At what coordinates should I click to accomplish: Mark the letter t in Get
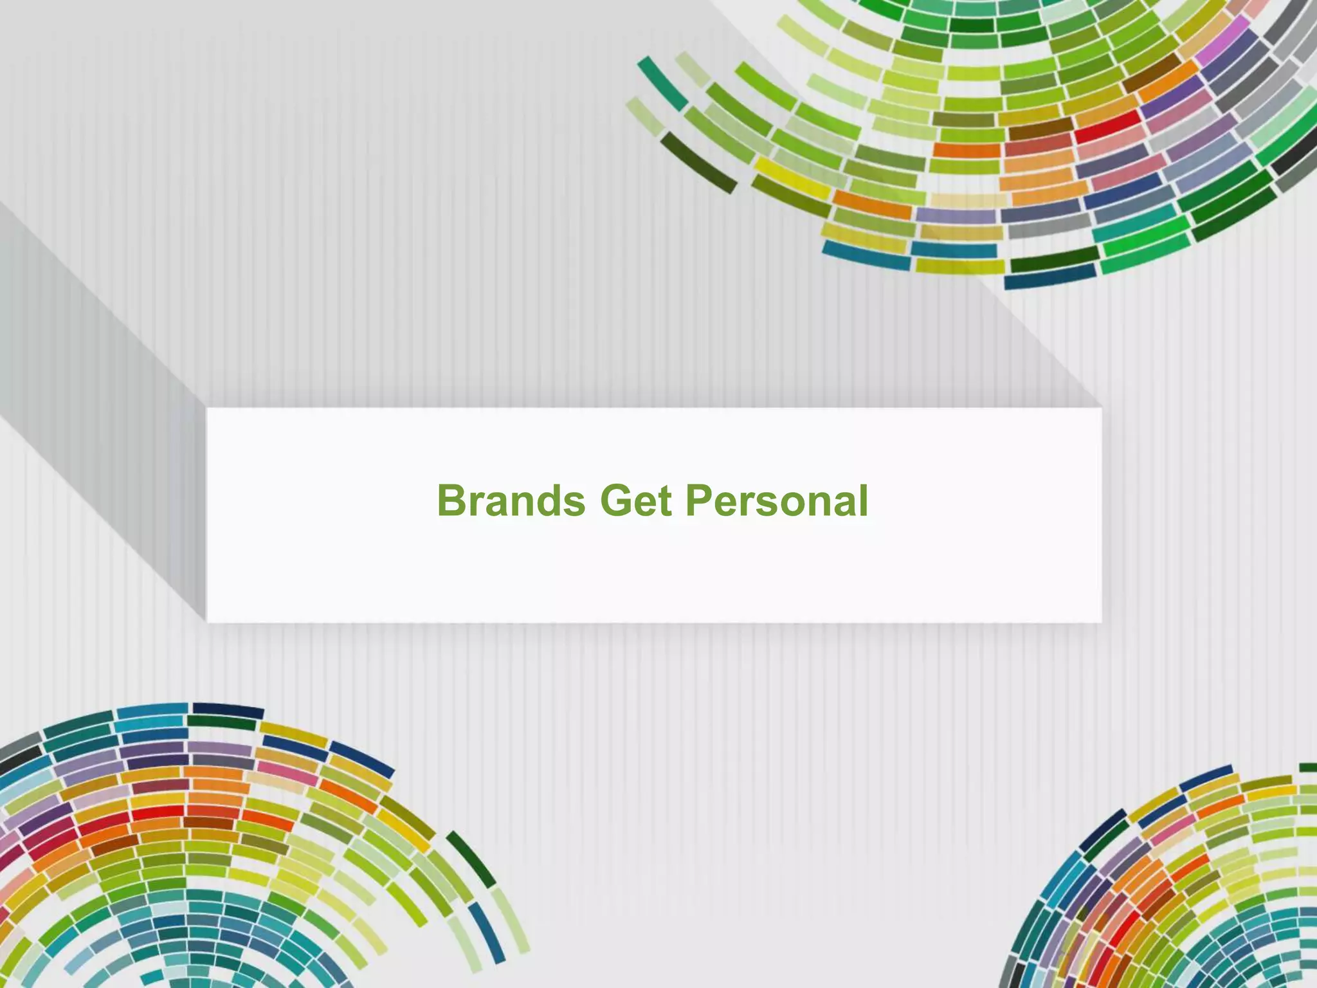[664, 502]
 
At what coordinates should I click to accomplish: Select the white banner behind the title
[653, 572]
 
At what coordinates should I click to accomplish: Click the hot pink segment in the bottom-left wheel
[280, 769]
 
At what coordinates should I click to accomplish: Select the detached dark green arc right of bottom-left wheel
[471, 859]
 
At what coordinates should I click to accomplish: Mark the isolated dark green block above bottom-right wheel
[1307, 767]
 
